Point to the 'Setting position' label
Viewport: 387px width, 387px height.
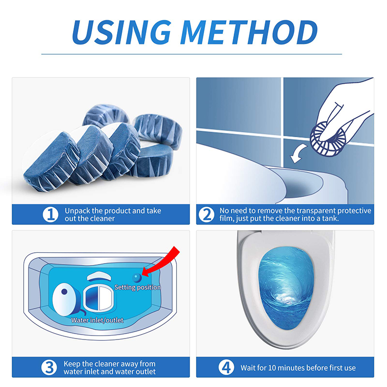click(137, 288)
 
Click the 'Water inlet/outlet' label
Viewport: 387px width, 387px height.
click(97, 320)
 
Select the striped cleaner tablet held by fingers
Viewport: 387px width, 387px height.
click(326, 136)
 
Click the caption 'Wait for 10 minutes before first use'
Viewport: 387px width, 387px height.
click(298, 367)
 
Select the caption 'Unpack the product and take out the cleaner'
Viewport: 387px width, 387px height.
click(112, 214)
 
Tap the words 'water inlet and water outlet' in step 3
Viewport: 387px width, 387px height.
click(109, 372)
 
